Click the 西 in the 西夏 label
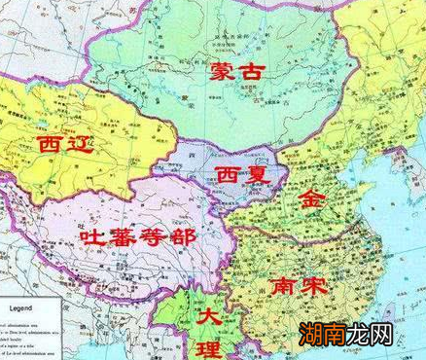[226, 175]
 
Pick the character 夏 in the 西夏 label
[256, 175]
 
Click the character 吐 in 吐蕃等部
[91, 237]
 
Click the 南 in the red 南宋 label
[285, 288]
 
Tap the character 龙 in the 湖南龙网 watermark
[360, 336]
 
